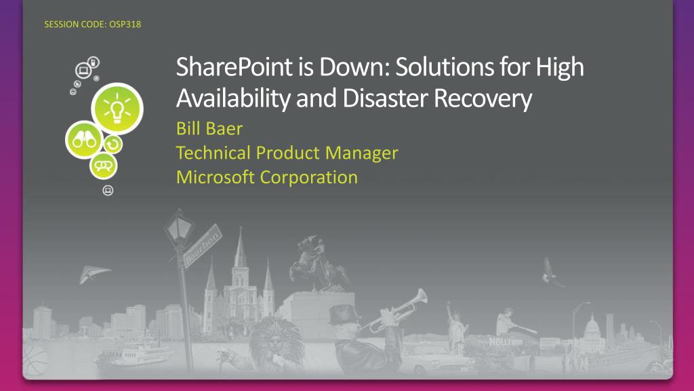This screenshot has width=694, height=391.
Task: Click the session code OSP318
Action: coord(125,24)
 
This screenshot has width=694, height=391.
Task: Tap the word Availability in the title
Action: coord(233,98)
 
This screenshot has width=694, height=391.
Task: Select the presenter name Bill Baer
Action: coord(209,128)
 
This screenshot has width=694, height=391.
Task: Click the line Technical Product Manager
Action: coord(287,153)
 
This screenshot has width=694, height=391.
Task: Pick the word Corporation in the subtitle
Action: coord(309,178)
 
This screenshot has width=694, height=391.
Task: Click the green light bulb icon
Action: coord(117,109)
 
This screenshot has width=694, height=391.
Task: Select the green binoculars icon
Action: coord(84,140)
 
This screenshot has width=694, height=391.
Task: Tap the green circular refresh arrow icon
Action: coord(113,144)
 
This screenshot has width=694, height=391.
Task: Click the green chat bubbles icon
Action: coord(104,166)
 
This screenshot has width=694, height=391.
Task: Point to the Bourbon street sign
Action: coord(202,246)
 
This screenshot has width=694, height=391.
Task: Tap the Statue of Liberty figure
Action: coord(456,327)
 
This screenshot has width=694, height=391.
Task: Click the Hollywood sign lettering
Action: coord(506,342)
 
